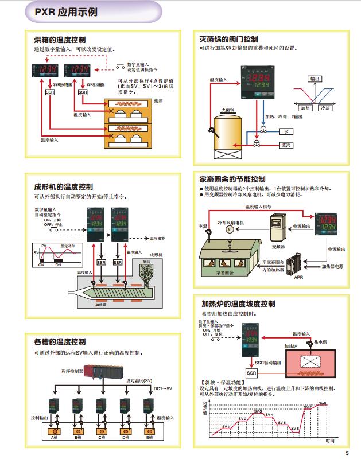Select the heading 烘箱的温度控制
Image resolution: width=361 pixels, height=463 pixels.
tap(60, 40)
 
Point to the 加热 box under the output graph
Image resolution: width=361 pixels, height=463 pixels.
tap(305, 107)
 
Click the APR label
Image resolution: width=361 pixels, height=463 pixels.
tap(298, 277)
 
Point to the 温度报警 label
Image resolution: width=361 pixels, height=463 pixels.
tap(157, 238)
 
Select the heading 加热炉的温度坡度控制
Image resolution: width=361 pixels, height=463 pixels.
tap(238, 304)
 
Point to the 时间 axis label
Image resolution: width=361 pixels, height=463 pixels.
tap(329, 441)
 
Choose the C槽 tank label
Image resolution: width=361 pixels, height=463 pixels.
tap(102, 438)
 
